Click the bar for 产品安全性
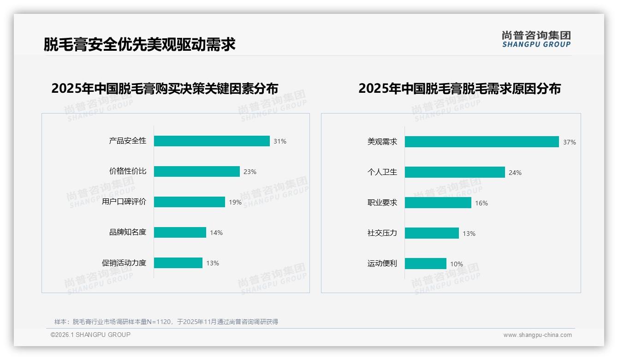212,141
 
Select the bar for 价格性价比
197,171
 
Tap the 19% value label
235,202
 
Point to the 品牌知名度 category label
128,232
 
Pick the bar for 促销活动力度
178,263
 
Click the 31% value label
280,141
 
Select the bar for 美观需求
482,142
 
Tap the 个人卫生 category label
382,172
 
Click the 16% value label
481,203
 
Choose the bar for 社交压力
432,233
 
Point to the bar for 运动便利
426,264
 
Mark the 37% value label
570,142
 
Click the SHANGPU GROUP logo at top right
536,39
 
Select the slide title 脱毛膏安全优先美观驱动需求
140,44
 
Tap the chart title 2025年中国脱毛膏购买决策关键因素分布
165,88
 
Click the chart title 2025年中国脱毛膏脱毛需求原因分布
459,88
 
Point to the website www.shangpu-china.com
537,335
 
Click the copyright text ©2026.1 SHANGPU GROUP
90,335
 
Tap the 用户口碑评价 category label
124,202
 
